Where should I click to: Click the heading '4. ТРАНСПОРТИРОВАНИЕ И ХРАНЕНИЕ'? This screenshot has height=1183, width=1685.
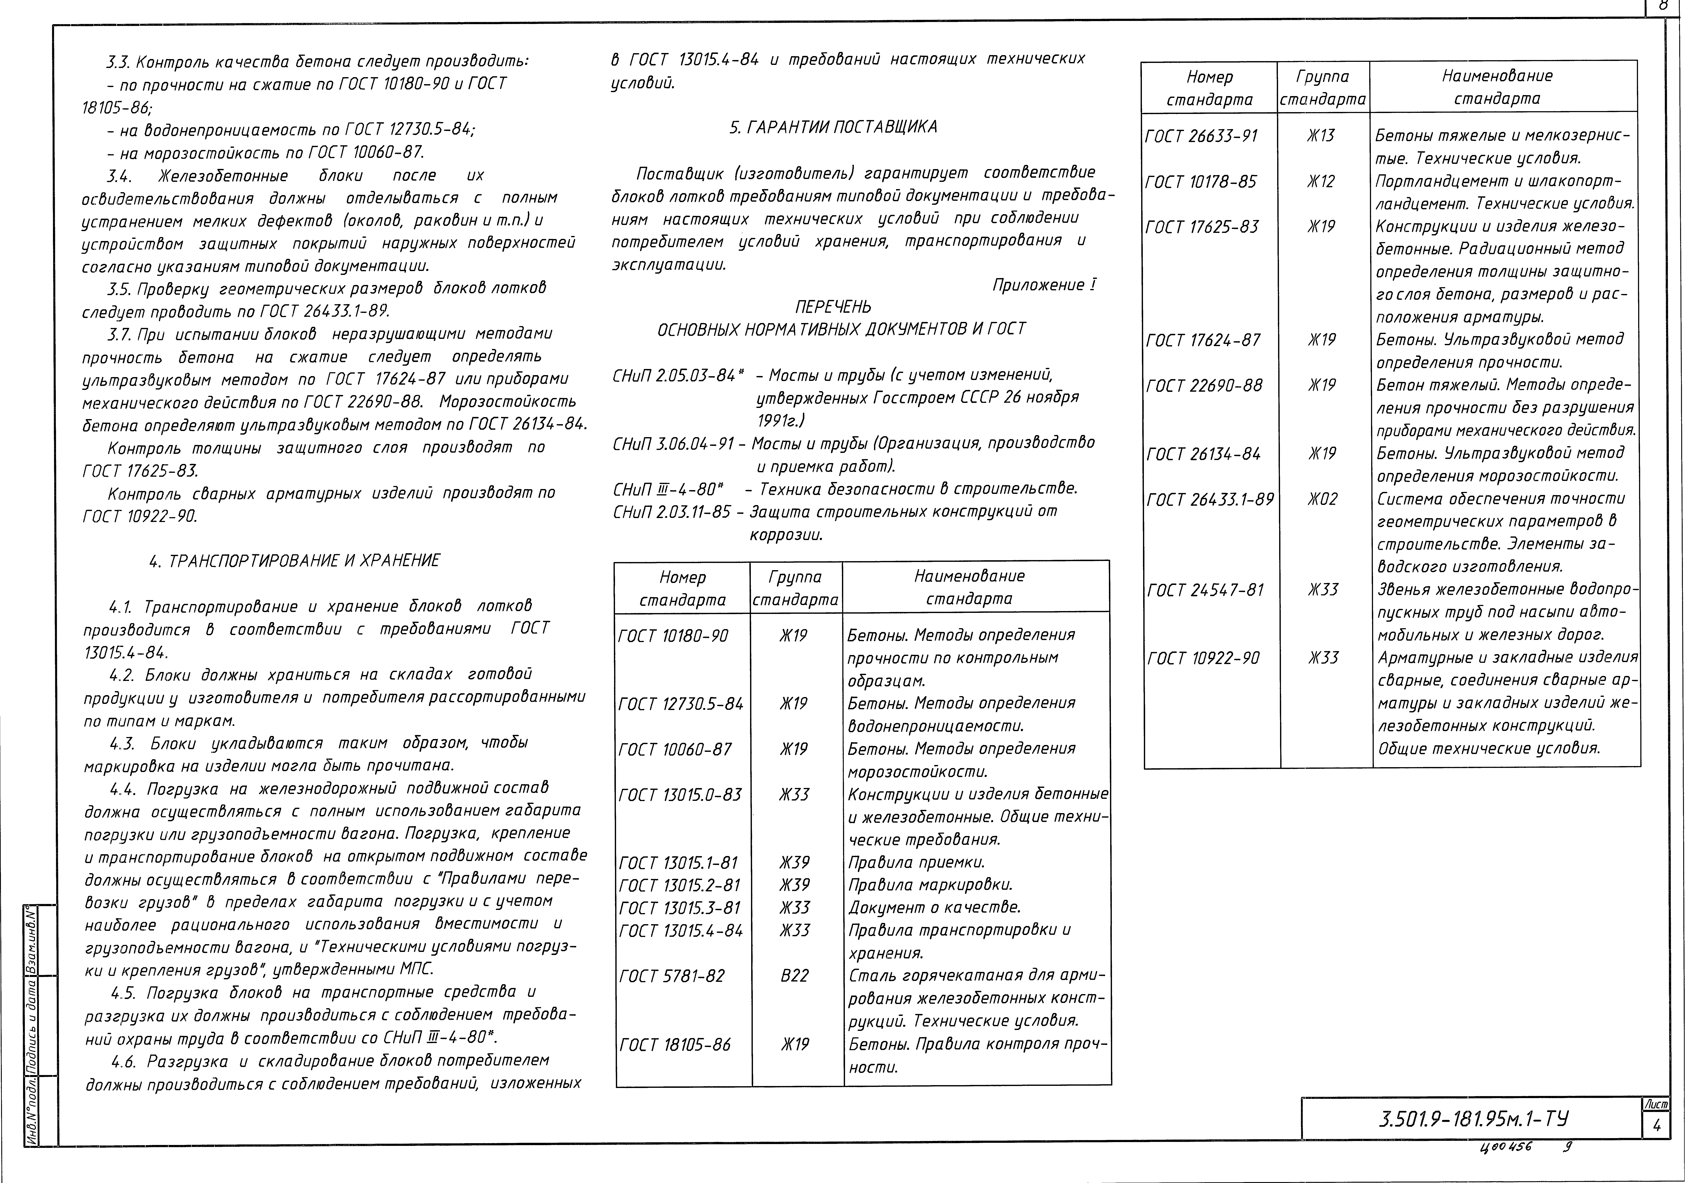point(294,561)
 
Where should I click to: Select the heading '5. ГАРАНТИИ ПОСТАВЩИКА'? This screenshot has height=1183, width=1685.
point(833,127)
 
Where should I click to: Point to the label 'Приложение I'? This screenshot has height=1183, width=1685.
point(1044,285)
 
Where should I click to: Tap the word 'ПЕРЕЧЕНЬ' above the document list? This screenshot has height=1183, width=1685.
point(833,307)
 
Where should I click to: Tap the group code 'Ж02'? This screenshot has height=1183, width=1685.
point(1322,499)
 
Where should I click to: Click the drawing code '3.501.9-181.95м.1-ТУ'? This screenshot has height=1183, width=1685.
point(1474,1119)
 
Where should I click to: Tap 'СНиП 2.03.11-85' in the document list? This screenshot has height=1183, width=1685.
point(672,512)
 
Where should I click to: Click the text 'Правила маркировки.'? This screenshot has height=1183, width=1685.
point(930,885)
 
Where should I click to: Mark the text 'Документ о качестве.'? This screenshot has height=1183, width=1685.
point(933,908)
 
